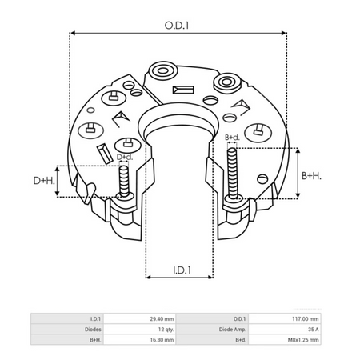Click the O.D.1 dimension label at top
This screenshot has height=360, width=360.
point(178,25)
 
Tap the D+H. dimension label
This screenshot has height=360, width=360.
point(44,181)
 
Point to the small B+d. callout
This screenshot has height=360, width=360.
point(233,138)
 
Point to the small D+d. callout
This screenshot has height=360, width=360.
point(125,157)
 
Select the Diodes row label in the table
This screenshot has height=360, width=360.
point(92,328)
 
